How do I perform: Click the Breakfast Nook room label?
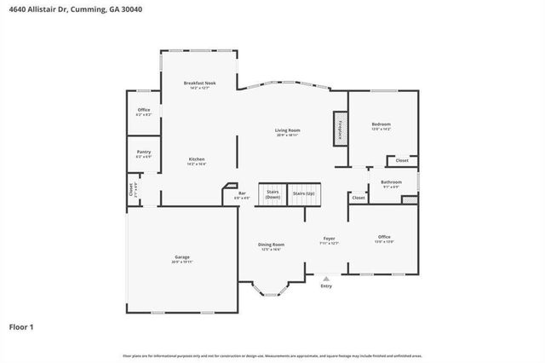point(200,83)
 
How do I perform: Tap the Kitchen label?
point(197,159)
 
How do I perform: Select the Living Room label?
point(287,130)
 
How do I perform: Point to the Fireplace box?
point(340,128)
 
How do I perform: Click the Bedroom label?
point(381,124)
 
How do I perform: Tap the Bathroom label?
point(391,181)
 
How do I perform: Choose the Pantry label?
point(144,152)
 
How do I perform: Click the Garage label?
point(181,256)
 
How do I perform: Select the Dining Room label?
point(272,245)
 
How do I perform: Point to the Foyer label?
point(329,239)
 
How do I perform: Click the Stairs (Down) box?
point(272,194)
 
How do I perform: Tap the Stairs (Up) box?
point(303,194)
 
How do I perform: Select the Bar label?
point(242,193)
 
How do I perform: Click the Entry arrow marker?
point(326,276)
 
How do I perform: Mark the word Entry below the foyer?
point(326,285)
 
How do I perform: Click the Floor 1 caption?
point(21,326)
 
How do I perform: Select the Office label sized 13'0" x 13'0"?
point(384,238)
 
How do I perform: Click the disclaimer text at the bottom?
point(272,354)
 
